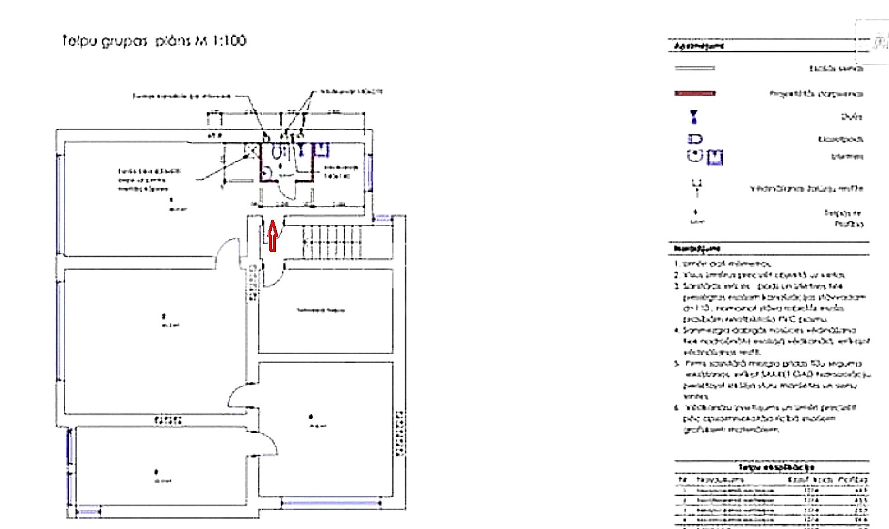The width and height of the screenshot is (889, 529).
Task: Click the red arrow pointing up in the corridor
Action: point(272,235)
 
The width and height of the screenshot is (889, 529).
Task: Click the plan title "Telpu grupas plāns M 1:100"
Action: point(154,41)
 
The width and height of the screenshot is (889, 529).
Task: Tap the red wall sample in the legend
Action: point(694,93)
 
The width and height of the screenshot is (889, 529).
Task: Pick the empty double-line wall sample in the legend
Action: point(694,68)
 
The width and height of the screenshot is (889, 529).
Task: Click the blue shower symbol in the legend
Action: point(694,117)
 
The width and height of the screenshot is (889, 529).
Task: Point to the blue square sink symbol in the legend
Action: point(715,157)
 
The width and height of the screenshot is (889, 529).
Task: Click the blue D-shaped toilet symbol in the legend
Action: point(695,139)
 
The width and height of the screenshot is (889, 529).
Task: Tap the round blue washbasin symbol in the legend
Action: point(694,156)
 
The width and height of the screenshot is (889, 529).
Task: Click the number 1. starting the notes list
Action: point(676,264)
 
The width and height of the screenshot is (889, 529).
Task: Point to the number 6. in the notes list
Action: point(676,408)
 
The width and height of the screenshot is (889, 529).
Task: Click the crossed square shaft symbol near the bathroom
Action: point(251,150)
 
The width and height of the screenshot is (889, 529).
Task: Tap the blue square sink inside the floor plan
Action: point(321,150)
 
